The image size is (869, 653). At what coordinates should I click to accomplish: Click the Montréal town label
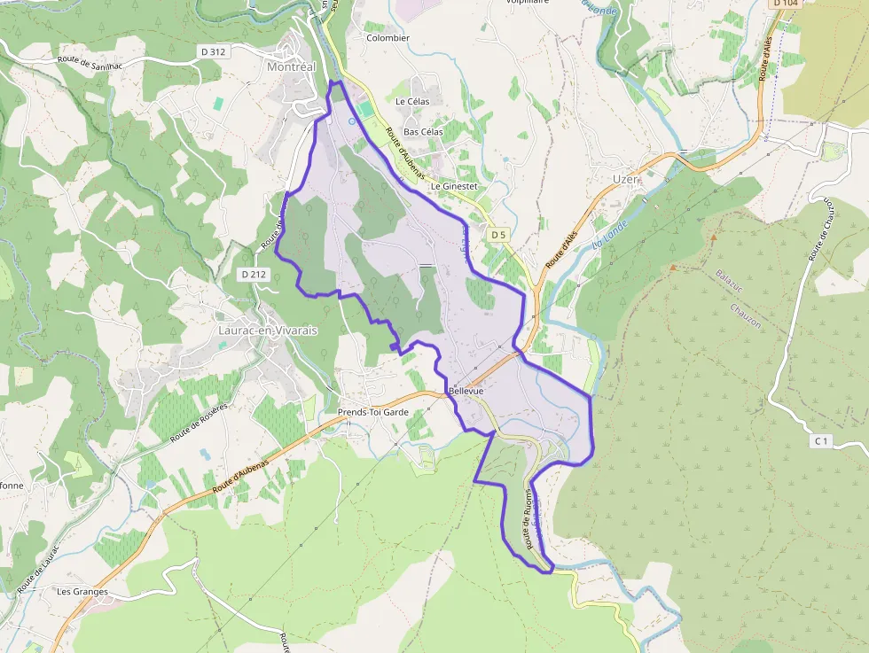click(291, 66)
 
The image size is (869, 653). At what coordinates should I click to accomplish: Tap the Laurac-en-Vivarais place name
click(267, 330)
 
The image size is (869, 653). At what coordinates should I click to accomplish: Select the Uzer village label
click(625, 179)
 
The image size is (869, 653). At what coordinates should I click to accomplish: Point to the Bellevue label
click(466, 391)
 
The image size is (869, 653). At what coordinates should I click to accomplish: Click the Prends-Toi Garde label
click(373, 413)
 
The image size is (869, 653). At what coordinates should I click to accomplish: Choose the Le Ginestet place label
click(454, 187)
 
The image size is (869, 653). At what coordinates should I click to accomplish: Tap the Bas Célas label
click(423, 132)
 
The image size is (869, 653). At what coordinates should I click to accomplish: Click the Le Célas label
click(412, 102)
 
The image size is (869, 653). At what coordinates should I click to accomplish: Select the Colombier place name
click(388, 38)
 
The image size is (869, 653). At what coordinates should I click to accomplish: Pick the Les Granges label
click(82, 591)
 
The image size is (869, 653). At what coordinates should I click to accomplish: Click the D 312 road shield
click(214, 51)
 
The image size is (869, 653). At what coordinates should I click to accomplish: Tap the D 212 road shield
click(253, 275)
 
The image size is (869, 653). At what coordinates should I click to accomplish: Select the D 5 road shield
click(498, 235)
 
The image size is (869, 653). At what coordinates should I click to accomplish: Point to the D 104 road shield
click(787, 4)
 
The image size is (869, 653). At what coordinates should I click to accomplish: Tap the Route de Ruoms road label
click(528, 518)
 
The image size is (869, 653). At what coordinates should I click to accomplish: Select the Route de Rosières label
click(199, 423)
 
